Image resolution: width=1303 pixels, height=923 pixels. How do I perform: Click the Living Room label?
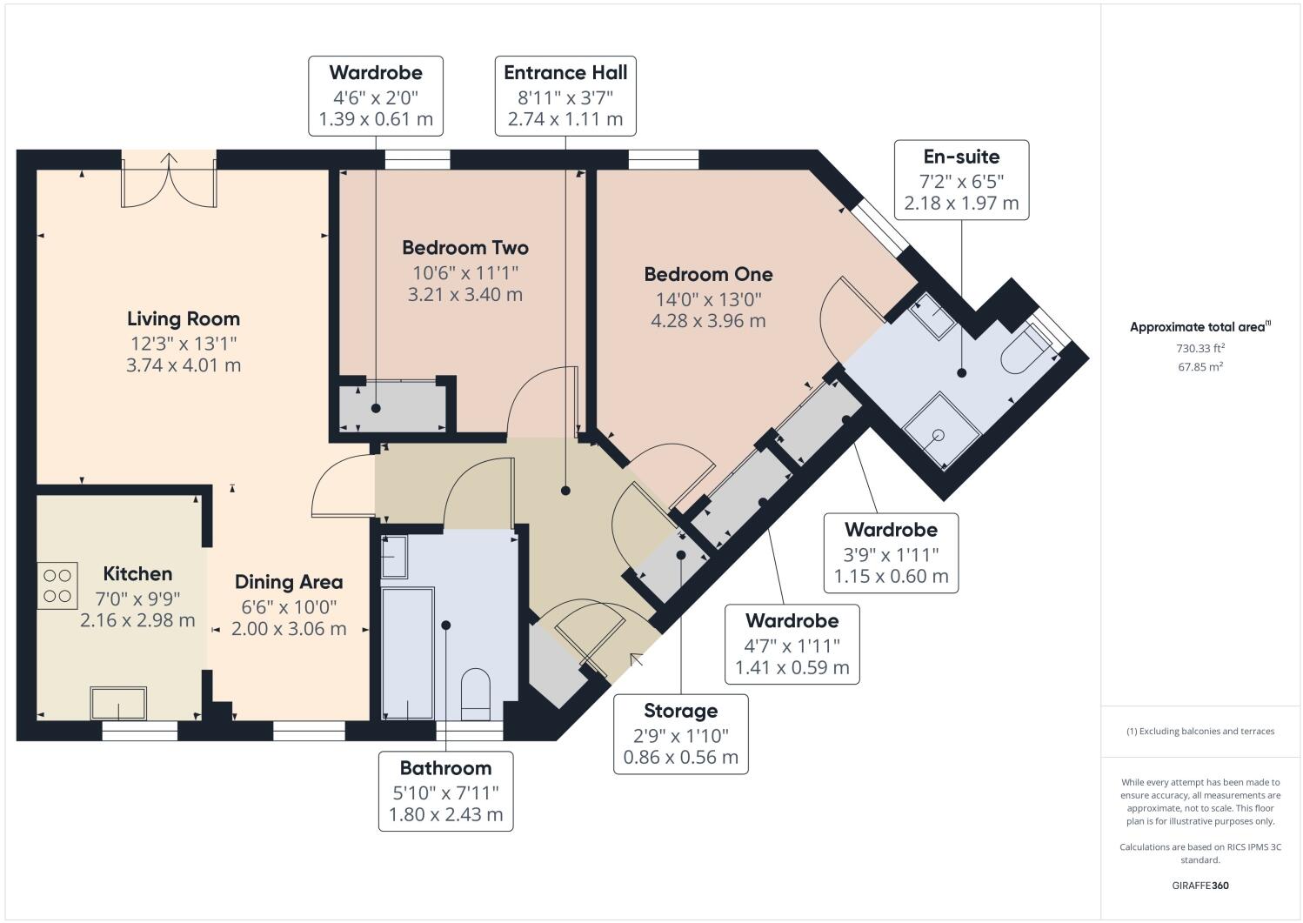point(184,318)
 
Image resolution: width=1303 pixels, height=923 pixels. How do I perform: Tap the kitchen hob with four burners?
point(57,585)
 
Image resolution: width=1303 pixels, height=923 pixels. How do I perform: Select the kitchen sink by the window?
point(119,703)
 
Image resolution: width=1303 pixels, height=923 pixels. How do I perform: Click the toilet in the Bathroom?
point(476,692)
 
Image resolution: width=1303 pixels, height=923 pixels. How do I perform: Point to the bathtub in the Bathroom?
point(407,652)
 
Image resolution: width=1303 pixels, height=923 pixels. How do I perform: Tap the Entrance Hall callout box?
point(565,96)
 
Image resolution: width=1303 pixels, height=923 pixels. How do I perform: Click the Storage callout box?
point(680,733)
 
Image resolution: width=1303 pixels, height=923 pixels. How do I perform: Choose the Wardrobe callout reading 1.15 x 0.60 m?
point(891,552)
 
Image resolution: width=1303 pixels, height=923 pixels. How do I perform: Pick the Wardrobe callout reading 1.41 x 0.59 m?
point(792,645)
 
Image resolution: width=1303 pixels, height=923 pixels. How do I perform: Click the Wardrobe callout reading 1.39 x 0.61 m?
point(376,96)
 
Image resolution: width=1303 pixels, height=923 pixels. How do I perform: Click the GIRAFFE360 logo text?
point(1200,886)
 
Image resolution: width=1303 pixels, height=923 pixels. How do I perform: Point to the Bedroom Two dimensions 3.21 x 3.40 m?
point(465,295)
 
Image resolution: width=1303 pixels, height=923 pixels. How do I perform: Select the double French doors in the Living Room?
point(169,181)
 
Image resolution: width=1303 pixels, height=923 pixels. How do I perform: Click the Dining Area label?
point(289,582)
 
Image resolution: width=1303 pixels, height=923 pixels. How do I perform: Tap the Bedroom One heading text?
point(708,274)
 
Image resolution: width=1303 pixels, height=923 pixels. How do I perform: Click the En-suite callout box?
point(961,179)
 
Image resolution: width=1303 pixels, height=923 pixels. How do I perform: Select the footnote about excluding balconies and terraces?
point(1200,732)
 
